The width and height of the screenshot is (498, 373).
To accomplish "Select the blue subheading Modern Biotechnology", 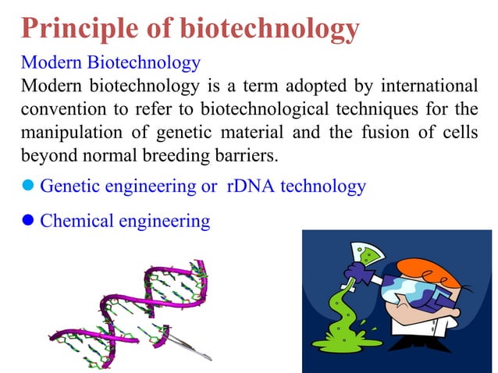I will [x=111, y=62].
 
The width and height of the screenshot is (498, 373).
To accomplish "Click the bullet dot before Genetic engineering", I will [x=29, y=187].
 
